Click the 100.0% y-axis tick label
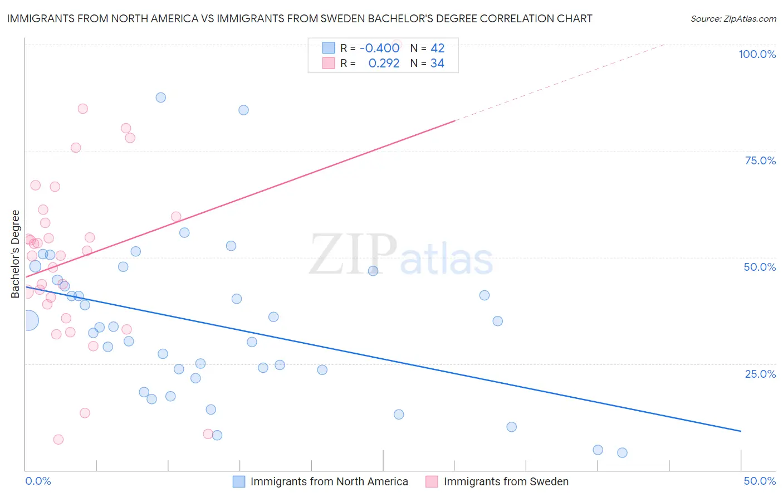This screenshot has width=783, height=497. point(757,54)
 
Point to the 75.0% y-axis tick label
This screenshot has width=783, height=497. point(760,160)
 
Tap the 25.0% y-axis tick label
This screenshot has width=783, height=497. point(760,374)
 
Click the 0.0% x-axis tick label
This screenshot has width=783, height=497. point(38,481)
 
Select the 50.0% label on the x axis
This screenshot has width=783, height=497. point(760,481)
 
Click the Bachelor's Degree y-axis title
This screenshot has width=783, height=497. point(16,254)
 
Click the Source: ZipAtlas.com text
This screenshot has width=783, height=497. point(733,18)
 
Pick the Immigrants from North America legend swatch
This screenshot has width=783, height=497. point(239,481)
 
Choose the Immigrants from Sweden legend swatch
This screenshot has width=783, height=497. point(432,481)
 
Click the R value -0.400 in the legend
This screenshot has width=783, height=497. point(379,48)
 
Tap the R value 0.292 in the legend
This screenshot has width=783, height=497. point(384,63)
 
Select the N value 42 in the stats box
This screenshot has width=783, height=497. point(437,48)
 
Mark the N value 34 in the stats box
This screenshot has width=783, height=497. point(437,63)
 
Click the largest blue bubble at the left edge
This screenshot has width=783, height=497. point(28,320)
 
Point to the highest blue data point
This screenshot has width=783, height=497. point(160,98)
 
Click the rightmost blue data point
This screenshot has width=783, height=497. point(622,452)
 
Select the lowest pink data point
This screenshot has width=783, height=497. point(58,440)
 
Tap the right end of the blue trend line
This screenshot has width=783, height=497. point(741,431)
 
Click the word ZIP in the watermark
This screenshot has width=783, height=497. point(353,255)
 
